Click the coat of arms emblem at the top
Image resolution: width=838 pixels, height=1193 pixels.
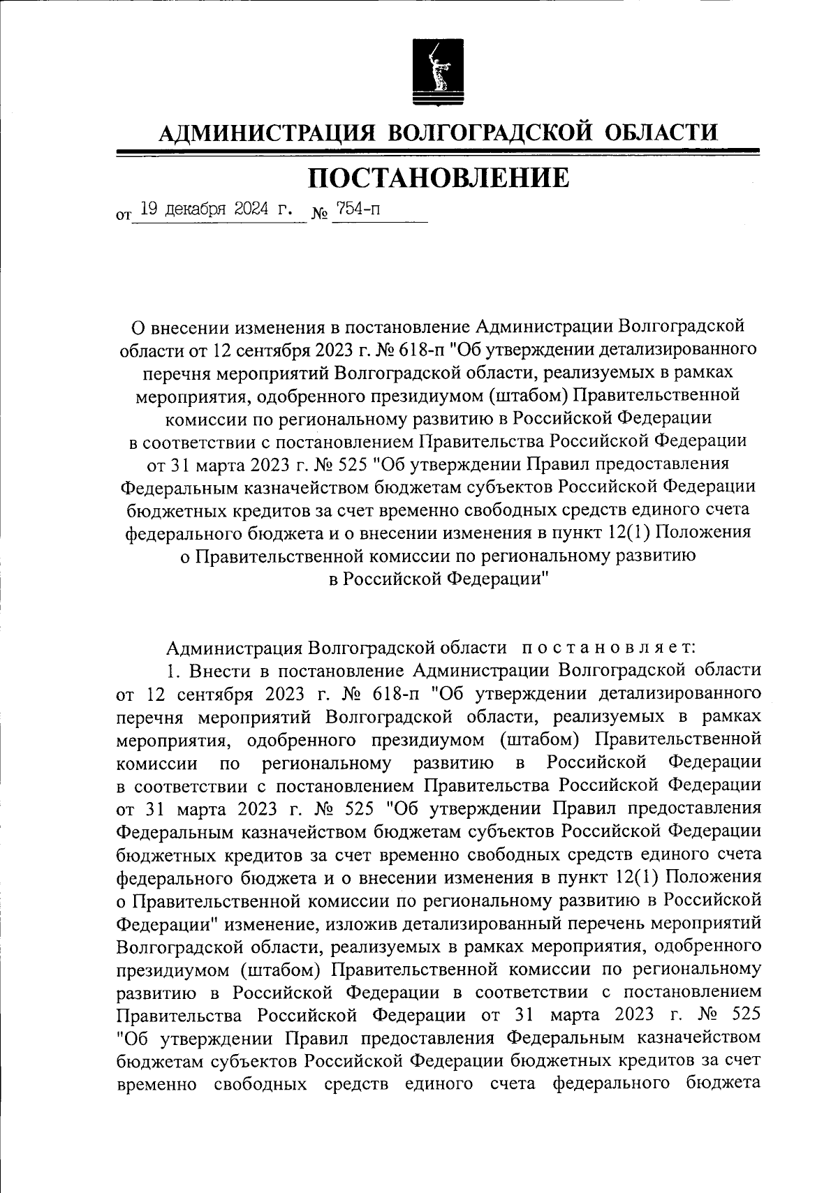point(429,72)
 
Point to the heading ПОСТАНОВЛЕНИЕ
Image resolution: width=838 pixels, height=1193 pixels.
point(439,178)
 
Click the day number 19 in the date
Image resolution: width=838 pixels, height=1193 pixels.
point(148,208)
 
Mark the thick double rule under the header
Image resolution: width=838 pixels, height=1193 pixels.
point(439,151)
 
